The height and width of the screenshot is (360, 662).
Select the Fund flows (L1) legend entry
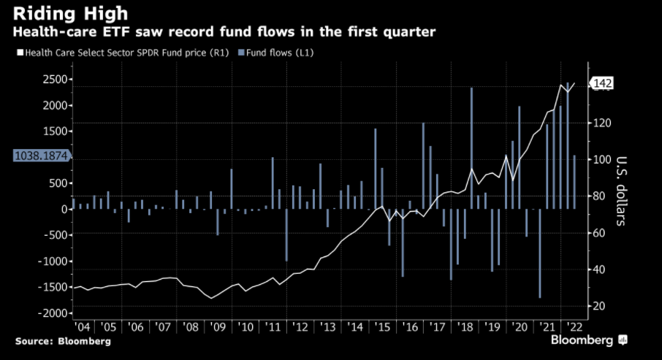(x=273, y=53)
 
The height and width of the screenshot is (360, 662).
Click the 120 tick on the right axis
(x=601, y=123)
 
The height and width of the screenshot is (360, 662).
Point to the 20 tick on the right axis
(x=598, y=306)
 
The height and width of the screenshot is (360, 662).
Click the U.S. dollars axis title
(x=622, y=191)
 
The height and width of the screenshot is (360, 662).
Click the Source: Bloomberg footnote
(x=63, y=341)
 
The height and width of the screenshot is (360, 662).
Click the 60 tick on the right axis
(x=598, y=233)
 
